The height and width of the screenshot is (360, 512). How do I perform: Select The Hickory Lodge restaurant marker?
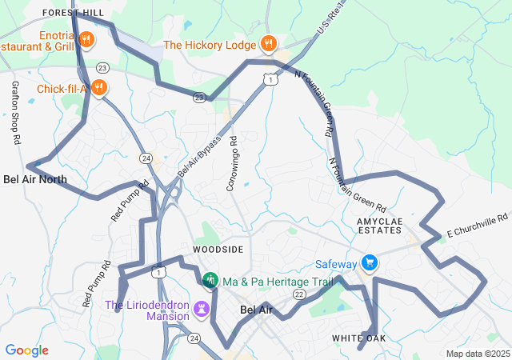coord(268,45)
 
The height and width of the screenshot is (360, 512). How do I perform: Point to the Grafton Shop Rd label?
coord(15,112)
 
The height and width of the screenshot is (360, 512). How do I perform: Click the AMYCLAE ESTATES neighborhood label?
coord(378,225)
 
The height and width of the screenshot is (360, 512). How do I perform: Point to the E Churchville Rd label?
coord(478,226)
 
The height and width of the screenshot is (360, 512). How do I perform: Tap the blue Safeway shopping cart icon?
coord(370,262)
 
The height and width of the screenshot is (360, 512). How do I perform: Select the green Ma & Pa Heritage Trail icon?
coord(210,281)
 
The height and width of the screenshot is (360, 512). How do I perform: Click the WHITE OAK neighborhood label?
coord(359,339)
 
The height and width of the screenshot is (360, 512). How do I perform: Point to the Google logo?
coord(26,350)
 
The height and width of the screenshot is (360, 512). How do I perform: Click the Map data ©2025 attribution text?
coord(477,354)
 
